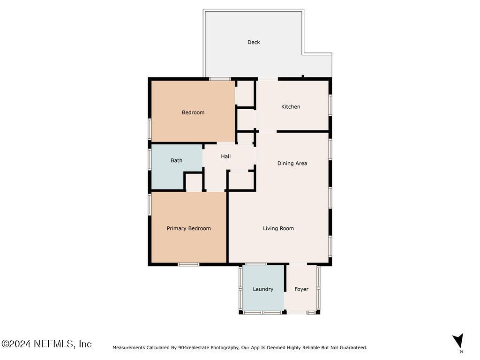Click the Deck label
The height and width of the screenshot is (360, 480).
254,42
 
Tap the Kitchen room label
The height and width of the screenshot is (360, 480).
291,107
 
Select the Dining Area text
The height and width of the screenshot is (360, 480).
292,164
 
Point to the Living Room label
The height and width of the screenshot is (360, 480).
278,229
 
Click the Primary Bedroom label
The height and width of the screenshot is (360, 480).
188,229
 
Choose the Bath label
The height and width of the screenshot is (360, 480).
176,160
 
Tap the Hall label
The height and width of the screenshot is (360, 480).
225,157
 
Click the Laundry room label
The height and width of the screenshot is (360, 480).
262,289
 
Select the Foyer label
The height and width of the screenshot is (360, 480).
301,289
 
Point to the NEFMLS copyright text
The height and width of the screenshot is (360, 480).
46,344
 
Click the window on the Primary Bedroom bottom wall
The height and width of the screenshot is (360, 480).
188,264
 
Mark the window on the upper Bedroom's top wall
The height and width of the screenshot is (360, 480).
219,79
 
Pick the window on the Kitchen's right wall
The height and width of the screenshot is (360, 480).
330,105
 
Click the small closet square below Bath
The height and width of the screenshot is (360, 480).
194,181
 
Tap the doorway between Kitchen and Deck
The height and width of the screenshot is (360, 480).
268,79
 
